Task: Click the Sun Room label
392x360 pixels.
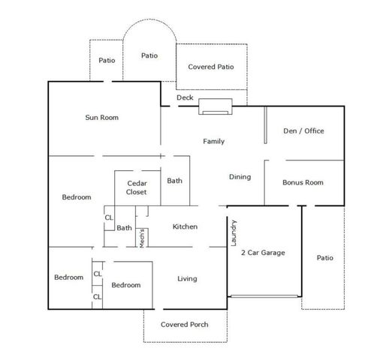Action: point(102,118)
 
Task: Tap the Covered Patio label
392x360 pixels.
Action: point(211,67)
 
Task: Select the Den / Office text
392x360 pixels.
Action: point(303,130)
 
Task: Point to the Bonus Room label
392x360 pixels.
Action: point(303,182)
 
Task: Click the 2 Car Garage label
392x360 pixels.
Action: point(262,253)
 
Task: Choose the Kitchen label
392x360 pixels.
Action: point(185,226)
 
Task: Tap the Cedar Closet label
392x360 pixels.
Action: point(137,187)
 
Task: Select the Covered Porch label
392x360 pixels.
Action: point(185,325)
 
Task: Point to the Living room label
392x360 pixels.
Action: point(187,279)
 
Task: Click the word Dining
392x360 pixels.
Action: point(240,177)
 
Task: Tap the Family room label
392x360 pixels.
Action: point(214,141)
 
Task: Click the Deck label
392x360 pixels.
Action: point(185,97)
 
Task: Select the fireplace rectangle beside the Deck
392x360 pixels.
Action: point(216,108)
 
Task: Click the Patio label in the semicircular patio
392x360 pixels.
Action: point(150,55)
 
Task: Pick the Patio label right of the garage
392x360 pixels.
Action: point(324,257)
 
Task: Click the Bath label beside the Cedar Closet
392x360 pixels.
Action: point(174,181)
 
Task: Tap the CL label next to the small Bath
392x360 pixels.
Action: point(108,218)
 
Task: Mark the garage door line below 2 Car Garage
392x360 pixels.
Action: point(265,297)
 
